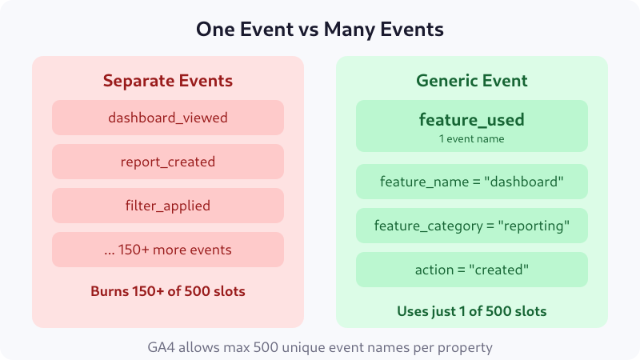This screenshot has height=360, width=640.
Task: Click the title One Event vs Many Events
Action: [320, 30]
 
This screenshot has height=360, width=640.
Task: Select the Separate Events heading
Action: [168, 81]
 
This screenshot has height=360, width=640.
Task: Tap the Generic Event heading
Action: [472, 81]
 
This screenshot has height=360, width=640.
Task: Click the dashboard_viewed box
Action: [168, 118]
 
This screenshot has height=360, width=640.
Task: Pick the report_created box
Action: [168, 162]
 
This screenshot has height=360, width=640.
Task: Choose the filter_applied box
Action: [168, 206]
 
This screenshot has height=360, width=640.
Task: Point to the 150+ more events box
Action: [168, 250]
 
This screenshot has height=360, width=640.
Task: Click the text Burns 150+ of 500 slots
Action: [168, 291]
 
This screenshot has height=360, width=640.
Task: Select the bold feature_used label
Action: [472, 120]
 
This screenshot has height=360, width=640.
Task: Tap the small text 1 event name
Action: [472, 138]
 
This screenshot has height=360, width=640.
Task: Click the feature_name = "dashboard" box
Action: [472, 182]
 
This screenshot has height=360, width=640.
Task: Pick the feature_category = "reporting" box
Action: [472, 226]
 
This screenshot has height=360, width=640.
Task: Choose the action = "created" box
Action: [472, 270]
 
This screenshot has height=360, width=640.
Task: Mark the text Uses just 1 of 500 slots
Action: [472, 310]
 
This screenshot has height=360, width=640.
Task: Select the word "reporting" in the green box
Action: [534, 226]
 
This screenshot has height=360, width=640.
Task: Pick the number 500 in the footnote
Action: [261, 347]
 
